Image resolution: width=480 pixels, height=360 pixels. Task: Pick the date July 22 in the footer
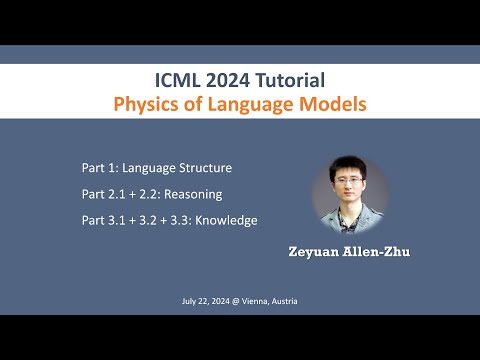point(192,301)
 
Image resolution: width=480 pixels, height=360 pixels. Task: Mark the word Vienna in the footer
point(250,301)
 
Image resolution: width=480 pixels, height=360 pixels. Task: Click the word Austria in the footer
point(284,301)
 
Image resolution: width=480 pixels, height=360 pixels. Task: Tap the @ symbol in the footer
point(230,301)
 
